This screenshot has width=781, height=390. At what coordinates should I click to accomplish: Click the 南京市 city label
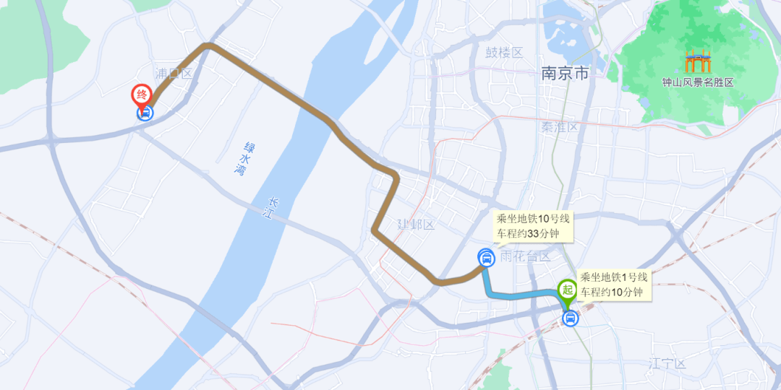pyautogui.click(x=564, y=73)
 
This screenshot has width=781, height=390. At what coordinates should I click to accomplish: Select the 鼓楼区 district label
pyautogui.click(x=503, y=52)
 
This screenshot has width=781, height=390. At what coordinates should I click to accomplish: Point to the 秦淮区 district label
pyautogui.click(x=560, y=127)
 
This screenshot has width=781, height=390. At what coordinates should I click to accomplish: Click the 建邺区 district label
pyautogui.click(x=415, y=225)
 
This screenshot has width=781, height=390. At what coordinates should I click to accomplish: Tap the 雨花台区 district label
pyautogui.click(x=526, y=256)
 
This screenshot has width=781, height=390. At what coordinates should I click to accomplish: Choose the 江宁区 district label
pyautogui.click(x=667, y=363)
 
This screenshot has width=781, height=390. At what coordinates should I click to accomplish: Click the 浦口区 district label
pyautogui.click(x=174, y=73)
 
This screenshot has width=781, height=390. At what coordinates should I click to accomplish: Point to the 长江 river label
pyautogui.click(x=273, y=208)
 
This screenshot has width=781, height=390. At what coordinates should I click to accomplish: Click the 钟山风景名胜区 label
pyautogui.click(x=698, y=82)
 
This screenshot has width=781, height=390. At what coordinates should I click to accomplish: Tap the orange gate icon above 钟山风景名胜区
pyautogui.click(x=698, y=62)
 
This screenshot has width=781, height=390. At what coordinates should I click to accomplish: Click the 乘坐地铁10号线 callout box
pyautogui.click(x=533, y=226)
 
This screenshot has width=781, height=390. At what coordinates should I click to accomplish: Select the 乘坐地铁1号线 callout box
pyautogui.click(x=614, y=284)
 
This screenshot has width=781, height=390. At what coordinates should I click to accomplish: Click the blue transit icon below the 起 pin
pyautogui.click(x=570, y=318)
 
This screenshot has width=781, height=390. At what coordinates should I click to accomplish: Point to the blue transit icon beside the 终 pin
pyautogui.click(x=145, y=113)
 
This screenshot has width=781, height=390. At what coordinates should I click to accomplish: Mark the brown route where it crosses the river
pyautogui.click(x=318, y=116)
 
